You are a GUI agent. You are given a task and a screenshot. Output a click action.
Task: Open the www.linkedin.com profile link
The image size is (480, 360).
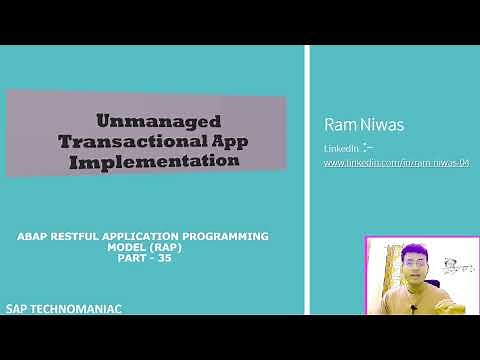[395, 162]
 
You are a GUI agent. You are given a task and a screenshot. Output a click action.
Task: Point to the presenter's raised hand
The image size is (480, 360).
[458, 300]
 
